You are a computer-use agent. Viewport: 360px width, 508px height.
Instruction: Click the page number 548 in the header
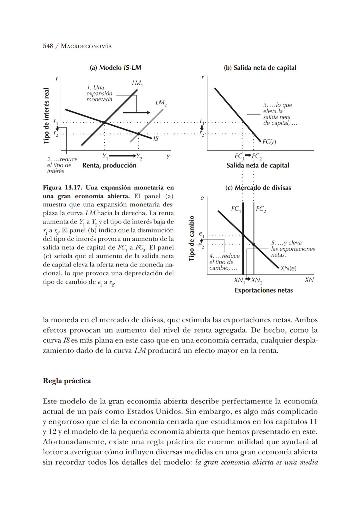click(x=48, y=46)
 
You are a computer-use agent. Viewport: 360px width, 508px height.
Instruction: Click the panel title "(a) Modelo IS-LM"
click(x=115, y=68)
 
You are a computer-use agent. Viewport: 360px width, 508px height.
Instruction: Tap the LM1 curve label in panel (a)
click(x=137, y=83)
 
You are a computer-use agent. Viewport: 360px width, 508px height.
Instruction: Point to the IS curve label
click(x=155, y=138)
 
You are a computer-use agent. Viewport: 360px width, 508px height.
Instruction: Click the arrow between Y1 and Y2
click(x=122, y=156)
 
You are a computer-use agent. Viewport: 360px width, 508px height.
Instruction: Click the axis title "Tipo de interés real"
click(x=47, y=116)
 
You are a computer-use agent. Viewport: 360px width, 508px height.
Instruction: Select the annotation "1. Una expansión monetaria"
click(x=99, y=93)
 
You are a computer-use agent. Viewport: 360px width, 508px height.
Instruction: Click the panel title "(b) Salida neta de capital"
click(x=260, y=68)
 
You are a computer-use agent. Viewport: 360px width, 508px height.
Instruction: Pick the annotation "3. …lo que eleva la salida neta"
click(x=279, y=114)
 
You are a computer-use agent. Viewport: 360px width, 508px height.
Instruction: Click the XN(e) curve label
click(x=288, y=268)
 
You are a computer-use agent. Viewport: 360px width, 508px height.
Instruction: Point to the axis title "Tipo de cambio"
click(x=191, y=238)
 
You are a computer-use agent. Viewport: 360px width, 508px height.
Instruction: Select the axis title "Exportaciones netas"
click(x=263, y=290)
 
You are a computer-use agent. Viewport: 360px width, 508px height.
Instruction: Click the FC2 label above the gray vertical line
click(x=261, y=209)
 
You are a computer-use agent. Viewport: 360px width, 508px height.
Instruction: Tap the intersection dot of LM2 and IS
click(x=138, y=134)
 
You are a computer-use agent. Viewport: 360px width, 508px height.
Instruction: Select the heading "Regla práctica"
click(x=67, y=381)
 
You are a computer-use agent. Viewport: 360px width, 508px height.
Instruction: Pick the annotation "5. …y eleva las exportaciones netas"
click(x=292, y=249)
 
